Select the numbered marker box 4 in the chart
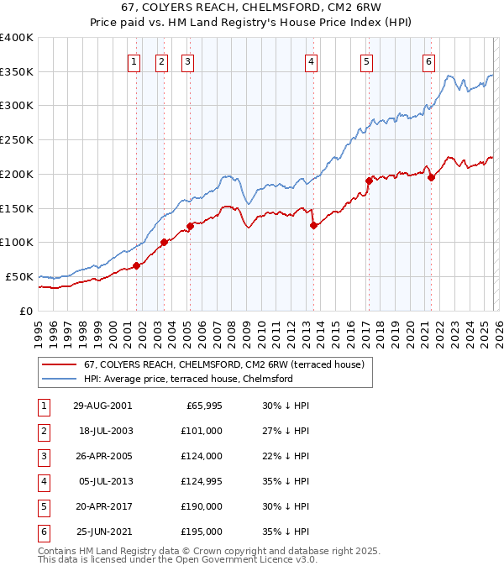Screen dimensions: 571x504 pos(311,60)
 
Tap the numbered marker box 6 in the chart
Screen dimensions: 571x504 pos(428,60)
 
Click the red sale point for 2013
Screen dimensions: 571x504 pos(313,225)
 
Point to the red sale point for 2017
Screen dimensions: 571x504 pos(369,181)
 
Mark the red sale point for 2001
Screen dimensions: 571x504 pos(136,265)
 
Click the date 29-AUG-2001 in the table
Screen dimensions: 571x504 pos(102,406)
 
